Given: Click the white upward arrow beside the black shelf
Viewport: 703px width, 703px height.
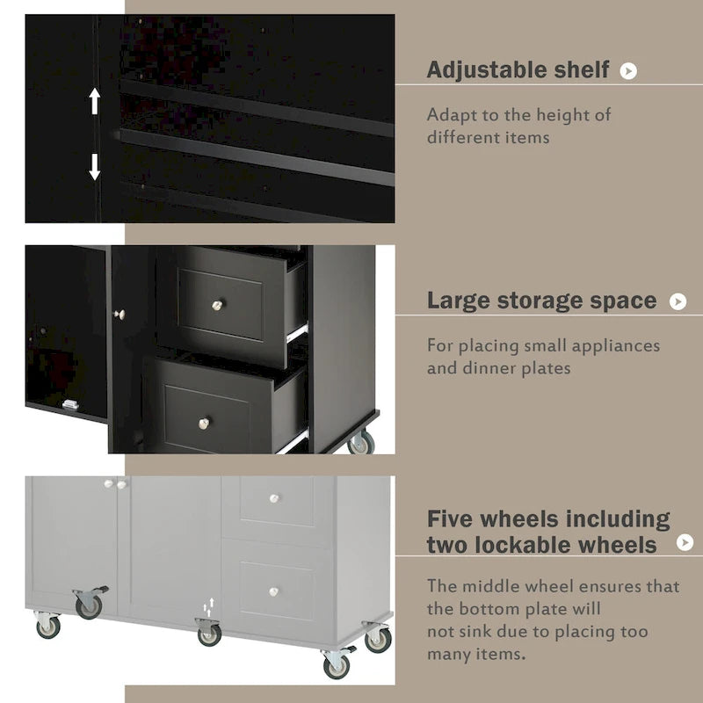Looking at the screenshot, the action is coord(95,101).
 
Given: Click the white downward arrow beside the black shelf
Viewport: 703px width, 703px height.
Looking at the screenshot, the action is coord(95,167).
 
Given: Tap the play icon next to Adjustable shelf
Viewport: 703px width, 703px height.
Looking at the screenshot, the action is coord(628,71).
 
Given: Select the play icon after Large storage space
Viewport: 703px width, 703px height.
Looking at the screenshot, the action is coord(678,301).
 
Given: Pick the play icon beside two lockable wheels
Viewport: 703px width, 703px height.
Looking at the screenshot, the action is coord(685,542).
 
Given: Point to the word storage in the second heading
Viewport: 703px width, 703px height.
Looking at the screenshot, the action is coord(541,301).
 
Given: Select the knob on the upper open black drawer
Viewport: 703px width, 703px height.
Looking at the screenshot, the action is coord(217,305).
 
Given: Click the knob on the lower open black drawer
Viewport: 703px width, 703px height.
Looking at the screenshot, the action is coord(204,424).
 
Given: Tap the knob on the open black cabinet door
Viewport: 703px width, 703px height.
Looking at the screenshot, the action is coord(120,315).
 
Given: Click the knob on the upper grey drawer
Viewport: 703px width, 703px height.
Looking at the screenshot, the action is coord(274,498).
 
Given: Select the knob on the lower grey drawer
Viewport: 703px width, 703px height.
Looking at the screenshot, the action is coord(273,591).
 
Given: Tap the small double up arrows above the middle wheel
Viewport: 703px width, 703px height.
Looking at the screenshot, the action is coord(208,607).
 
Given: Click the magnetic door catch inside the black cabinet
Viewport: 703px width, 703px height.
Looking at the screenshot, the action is coord(70,404).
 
